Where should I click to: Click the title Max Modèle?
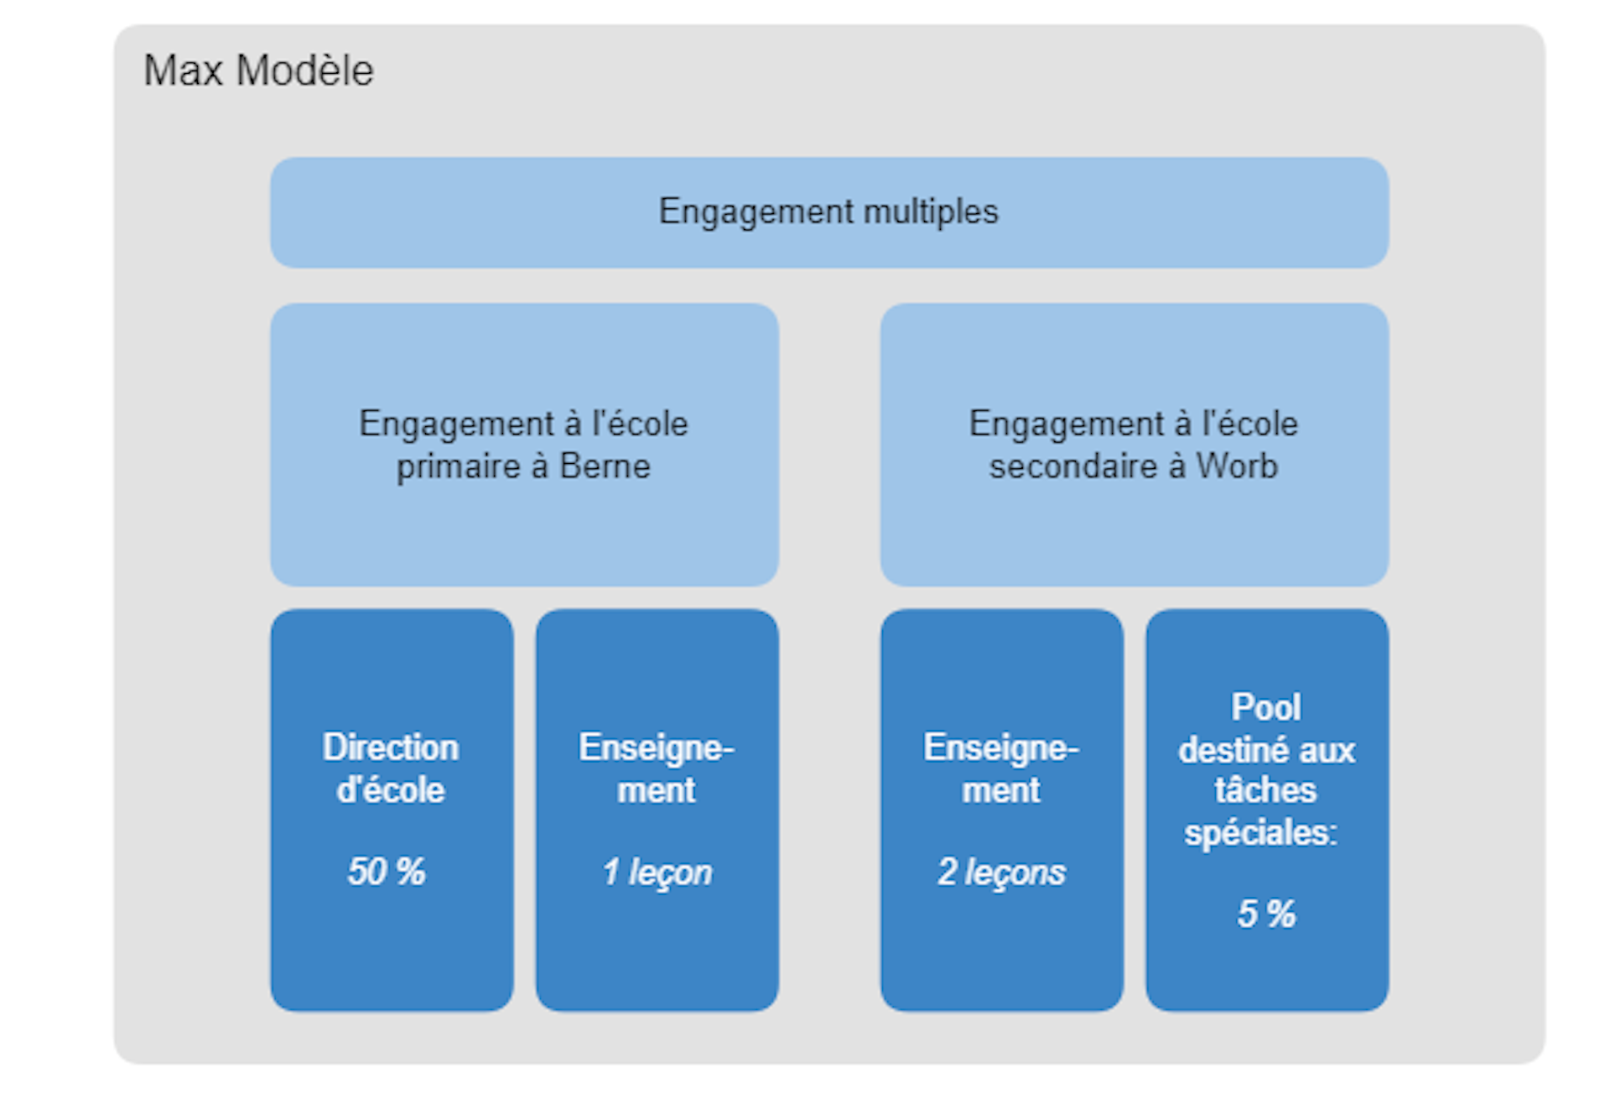(258, 70)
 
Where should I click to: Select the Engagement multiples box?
(828, 212)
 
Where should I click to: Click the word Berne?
(605, 466)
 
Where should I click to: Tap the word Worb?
(1237, 466)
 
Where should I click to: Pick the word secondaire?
(1072, 466)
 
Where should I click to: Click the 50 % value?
(387, 872)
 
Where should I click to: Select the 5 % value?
(1266, 914)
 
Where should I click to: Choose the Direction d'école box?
(392, 810)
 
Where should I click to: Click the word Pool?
(1266, 707)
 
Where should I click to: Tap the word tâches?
(1266, 790)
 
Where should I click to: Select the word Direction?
(391, 748)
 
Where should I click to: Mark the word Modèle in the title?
(305, 70)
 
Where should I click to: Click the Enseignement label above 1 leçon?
(657, 769)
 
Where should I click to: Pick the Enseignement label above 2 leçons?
(1001, 769)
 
